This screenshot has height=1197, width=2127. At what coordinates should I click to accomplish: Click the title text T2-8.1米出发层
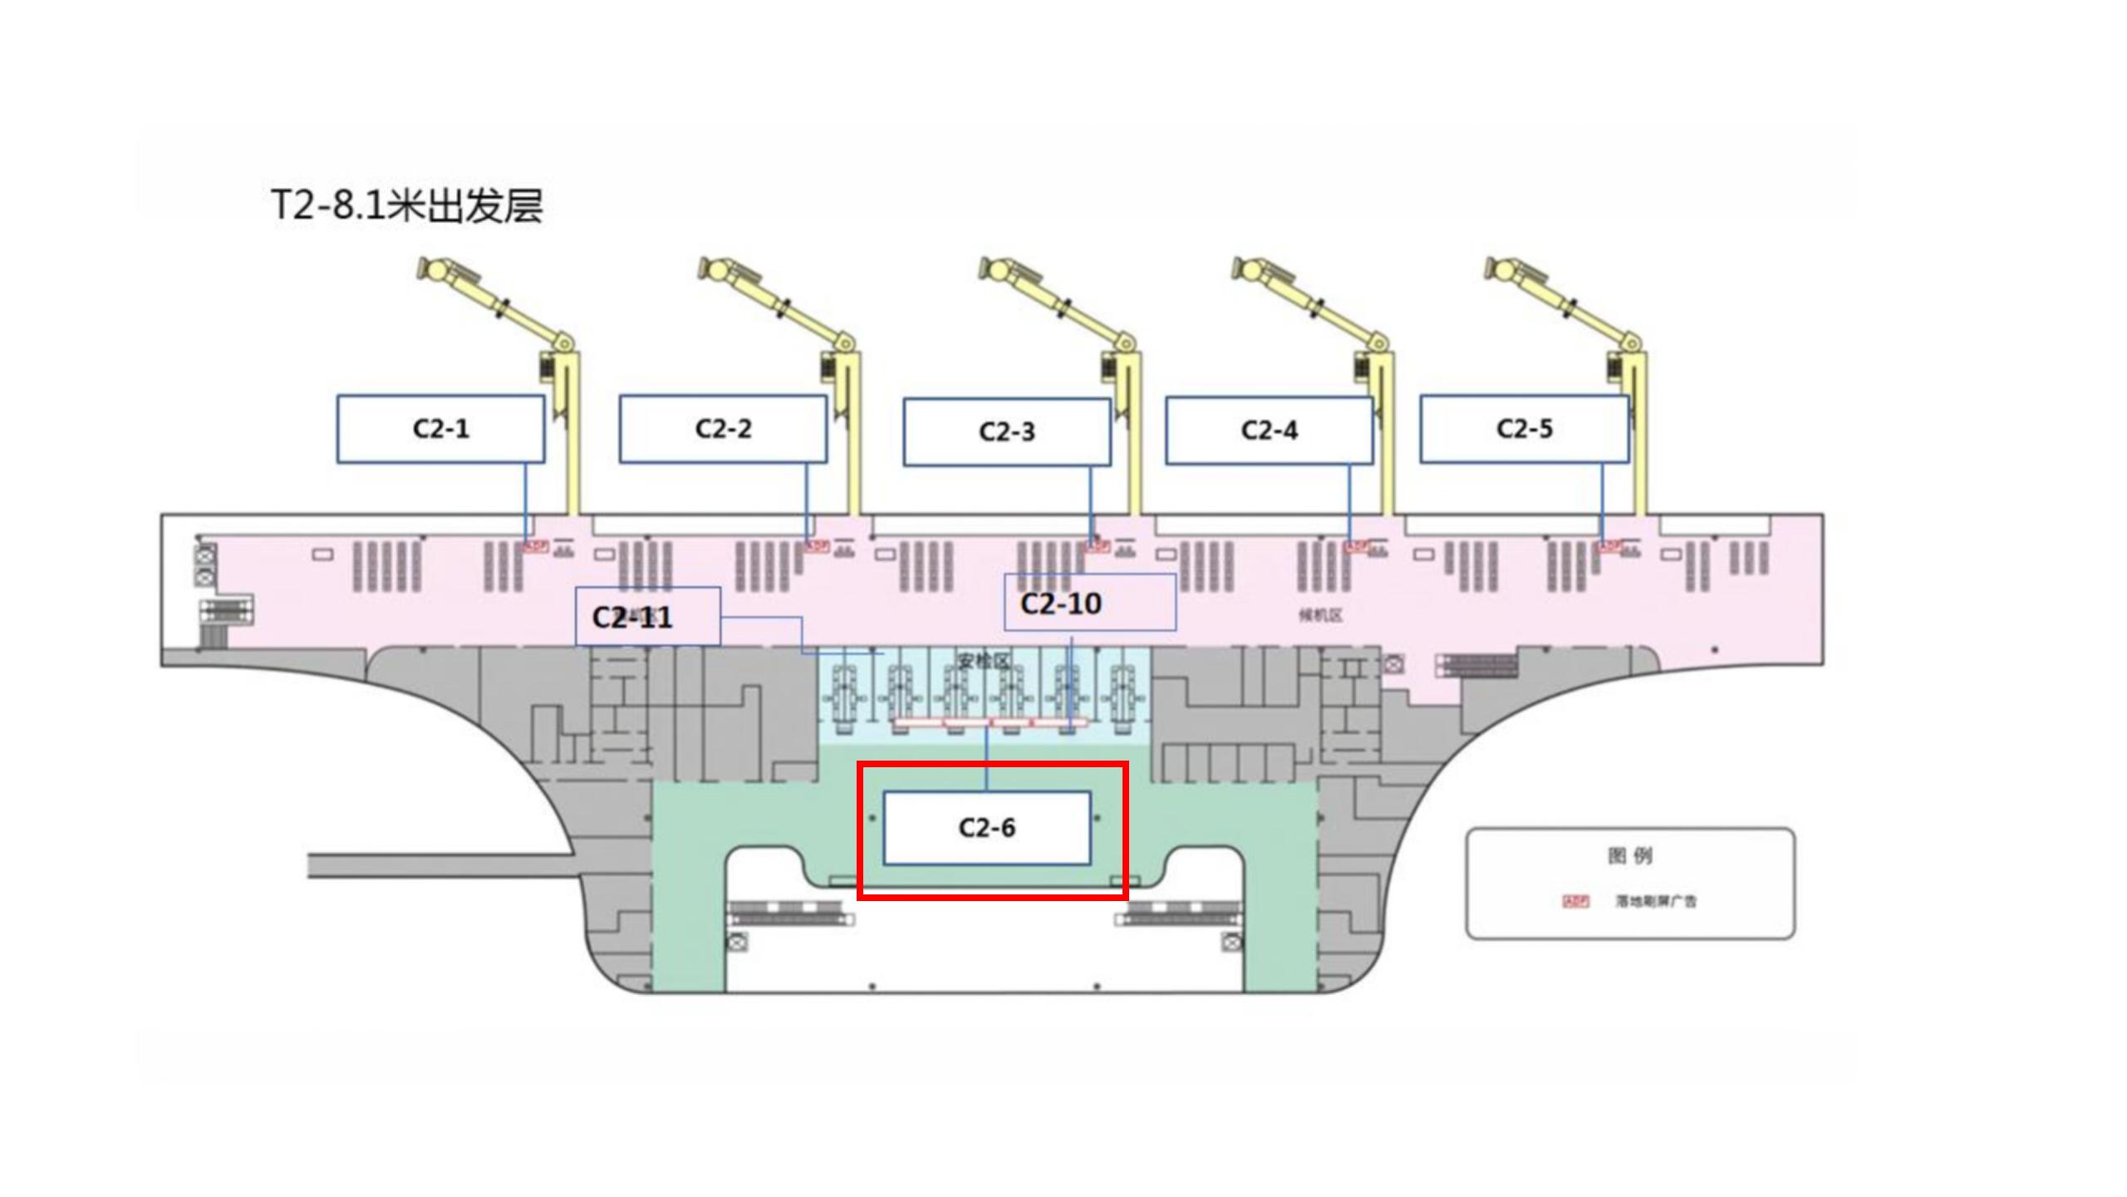(406, 205)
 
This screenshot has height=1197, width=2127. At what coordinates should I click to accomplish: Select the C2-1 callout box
(440, 429)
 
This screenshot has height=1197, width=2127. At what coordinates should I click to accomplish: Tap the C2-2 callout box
(723, 429)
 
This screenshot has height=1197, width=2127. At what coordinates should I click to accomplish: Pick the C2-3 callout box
(1007, 431)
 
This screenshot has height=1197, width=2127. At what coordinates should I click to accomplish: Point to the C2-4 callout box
(1269, 431)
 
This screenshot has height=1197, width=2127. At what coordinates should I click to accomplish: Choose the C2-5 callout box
(1524, 429)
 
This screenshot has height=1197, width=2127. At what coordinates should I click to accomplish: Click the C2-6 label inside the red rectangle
(986, 828)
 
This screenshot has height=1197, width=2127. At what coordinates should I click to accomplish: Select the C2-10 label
(1061, 603)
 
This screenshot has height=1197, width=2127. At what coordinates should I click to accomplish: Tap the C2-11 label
(632, 618)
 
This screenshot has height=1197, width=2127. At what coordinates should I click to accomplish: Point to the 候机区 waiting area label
(1320, 615)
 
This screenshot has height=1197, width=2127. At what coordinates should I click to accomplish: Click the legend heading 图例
(1629, 855)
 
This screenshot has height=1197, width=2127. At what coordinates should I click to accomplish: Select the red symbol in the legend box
(1575, 901)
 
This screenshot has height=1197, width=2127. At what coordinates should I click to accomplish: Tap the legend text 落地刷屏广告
(1655, 901)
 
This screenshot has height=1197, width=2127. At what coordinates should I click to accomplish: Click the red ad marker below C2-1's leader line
(534, 546)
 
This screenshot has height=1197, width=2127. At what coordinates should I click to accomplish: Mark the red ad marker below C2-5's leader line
(1609, 546)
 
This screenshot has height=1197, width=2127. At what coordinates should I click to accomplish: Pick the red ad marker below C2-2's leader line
(817, 546)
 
